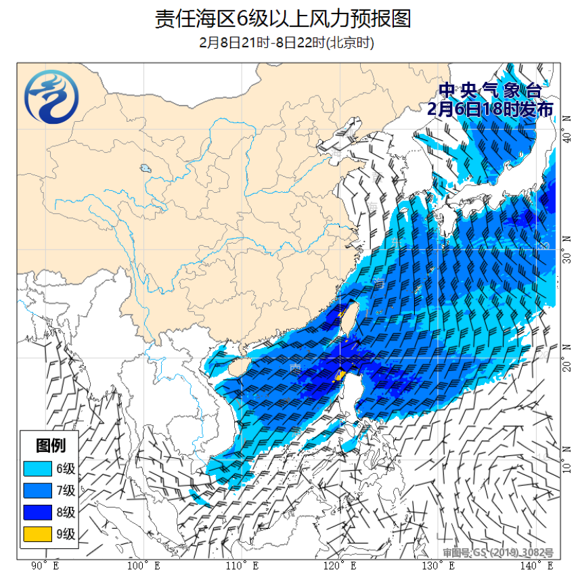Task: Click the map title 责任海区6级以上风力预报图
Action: coord(283,19)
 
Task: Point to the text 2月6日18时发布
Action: coord(491,109)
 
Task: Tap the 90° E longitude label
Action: coord(45,566)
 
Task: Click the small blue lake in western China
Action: coord(145,169)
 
